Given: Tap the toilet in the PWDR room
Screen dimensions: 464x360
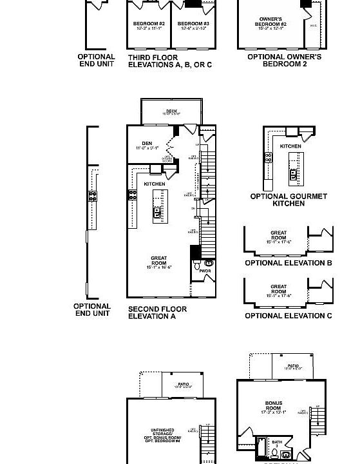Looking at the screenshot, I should (x=208, y=264).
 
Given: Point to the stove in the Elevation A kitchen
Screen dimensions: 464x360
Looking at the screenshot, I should (x=133, y=194).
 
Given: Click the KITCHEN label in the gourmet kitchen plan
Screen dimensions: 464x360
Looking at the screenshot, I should (x=290, y=146).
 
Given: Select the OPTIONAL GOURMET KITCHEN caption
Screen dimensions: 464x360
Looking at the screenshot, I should (x=289, y=200).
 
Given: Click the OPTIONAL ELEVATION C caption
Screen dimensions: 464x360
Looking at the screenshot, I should (x=288, y=316).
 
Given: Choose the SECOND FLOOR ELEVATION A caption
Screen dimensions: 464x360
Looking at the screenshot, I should (x=157, y=313).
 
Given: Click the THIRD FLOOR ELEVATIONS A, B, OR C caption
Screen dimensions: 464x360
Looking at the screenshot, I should (x=169, y=61).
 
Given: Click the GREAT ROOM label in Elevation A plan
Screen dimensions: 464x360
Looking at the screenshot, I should (x=158, y=262).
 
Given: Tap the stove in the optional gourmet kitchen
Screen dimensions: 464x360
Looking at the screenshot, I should (x=268, y=157).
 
